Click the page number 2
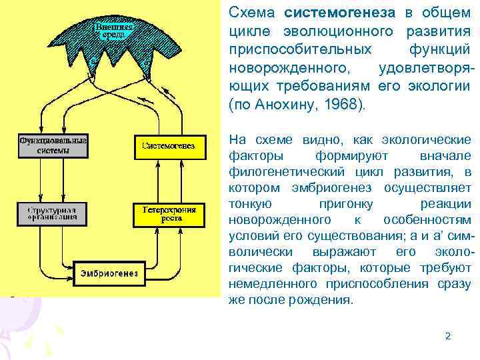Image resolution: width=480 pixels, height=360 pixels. point(448,336)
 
